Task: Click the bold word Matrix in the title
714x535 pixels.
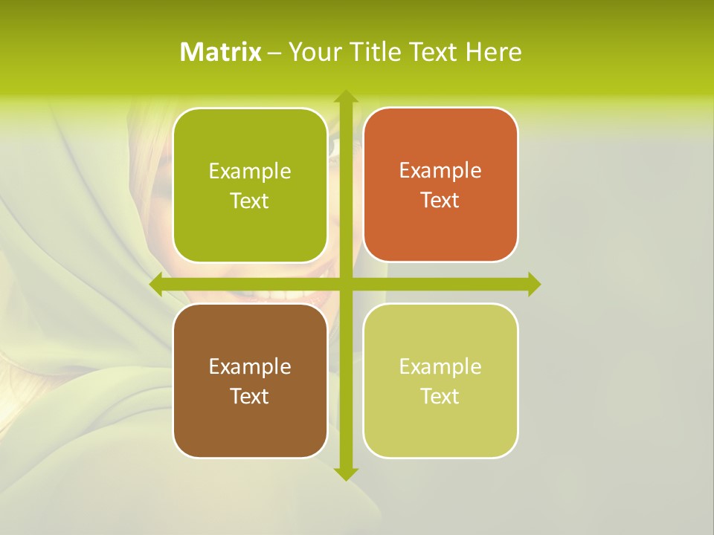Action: tap(221, 52)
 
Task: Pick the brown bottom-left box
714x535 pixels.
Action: tap(250, 424)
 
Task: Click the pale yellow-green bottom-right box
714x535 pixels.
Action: tap(440, 424)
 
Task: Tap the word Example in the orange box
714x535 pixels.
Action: tap(440, 171)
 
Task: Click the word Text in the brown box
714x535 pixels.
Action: tap(250, 396)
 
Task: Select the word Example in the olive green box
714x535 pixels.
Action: tap(250, 172)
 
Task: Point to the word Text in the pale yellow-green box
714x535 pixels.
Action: tap(440, 396)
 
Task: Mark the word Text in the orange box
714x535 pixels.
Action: tap(440, 201)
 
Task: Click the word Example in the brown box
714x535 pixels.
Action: tap(250, 366)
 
